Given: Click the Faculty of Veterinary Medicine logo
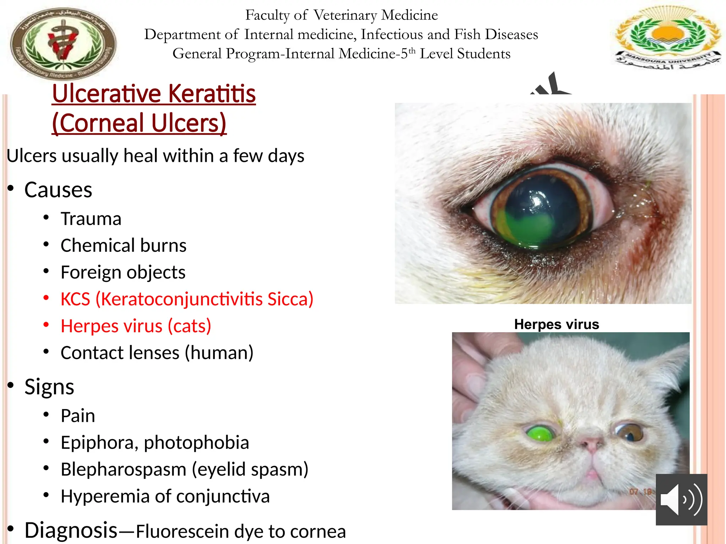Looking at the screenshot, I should click(x=63, y=43).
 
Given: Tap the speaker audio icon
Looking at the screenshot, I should click(x=681, y=499).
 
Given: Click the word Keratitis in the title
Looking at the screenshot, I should click(x=212, y=94).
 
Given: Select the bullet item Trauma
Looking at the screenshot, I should click(x=91, y=219).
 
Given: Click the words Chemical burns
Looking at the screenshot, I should click(x=123, y=245).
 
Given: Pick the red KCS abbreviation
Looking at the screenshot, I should click(x=75, y=299).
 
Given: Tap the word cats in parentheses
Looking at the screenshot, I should click(x=189, y=326).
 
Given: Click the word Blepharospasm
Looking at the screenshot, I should click(x=123, y=469).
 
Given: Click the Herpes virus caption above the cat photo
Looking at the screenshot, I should click(x=557, y=324).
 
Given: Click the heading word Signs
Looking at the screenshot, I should click(x=49, y=386).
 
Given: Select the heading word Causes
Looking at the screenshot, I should click(x=58, y=190).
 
